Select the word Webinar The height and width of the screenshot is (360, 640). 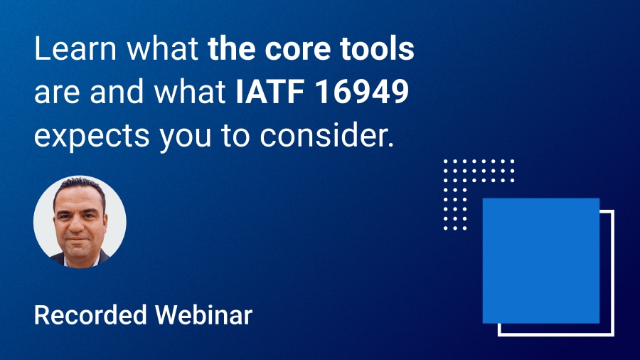213,314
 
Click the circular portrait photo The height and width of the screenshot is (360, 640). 80,222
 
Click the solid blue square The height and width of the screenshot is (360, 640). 540,260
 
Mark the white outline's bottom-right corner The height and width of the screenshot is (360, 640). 612,334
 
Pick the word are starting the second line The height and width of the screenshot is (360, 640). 58,94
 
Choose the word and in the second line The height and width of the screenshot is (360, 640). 114,92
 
